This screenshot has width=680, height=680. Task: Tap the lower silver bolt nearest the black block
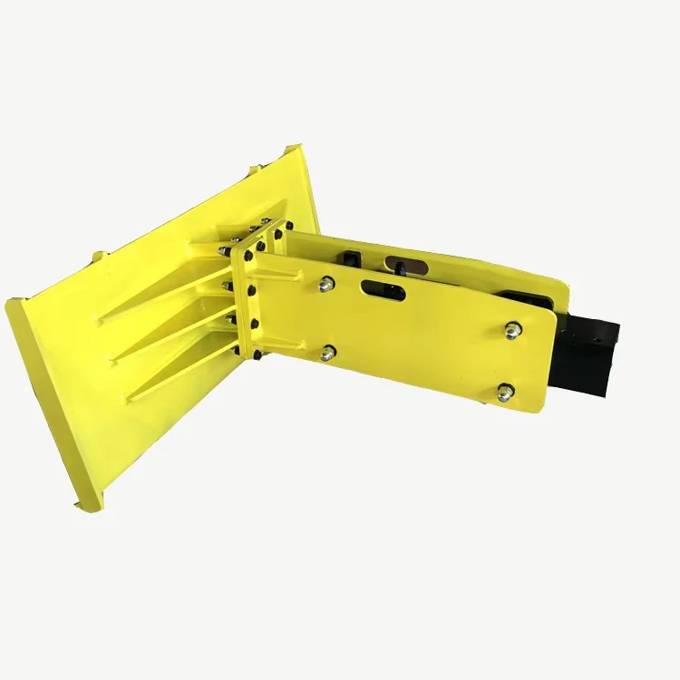[x=505, y=392]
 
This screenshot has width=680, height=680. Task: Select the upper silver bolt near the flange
[x=326, y=285]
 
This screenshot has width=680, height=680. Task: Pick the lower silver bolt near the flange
[x=328, y=352]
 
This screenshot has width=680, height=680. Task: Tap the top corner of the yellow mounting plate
[x=295, y=148]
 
